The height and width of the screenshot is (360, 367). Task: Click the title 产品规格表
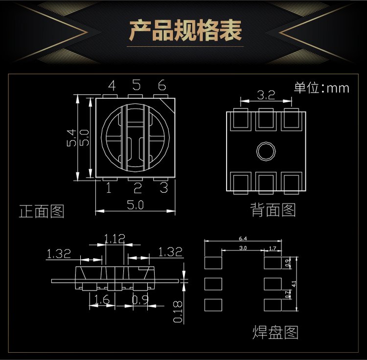click(x=185, y=31)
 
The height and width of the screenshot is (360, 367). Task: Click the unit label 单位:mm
click(x=321, y=88)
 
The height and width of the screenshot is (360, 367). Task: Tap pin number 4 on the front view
click(x=112, y=86)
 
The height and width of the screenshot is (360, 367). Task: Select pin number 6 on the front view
click(x=161, y=86)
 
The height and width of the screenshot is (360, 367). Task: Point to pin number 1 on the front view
click(x=109, y=187)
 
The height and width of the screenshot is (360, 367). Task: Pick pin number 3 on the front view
click(x=163, y=187)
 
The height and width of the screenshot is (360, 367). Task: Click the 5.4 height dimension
click(x=70, y=138)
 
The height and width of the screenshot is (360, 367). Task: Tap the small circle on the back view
click(x=266, y=151)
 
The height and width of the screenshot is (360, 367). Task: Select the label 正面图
click(x=42, y=211)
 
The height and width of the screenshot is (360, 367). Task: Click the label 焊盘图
click(x=275, y=333)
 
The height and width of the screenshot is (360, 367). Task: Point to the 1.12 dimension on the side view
click(x=115, y=239)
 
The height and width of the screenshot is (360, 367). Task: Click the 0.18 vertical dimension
click(x=178, y=311)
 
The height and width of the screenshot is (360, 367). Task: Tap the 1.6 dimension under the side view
click(x=101, y=300)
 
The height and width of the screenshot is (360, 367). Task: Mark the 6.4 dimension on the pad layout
click(x=243, y=239)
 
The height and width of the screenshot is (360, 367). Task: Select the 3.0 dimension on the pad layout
click(x=243, y=248)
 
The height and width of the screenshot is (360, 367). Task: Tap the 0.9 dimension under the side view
click(x=140, y=300)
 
